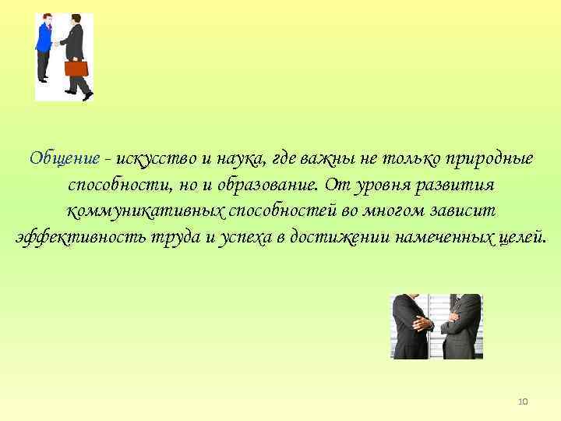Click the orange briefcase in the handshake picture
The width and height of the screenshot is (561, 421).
click(76, 69)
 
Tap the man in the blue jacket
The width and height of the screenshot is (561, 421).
click(45, 47)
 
